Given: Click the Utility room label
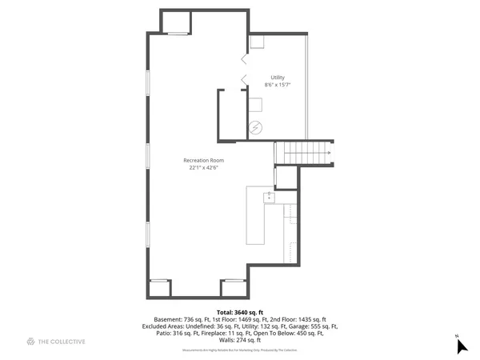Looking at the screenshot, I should pyautogui.click(x=278, y=78).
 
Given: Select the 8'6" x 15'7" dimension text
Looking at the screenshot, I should pyautogui.click(x=278, y=85).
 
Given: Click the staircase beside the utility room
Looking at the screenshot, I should pyautogui.click(x=303, y=152).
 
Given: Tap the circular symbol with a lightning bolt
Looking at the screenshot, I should pyautogui.click(x=255, y=126).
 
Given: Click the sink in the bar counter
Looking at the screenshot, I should pyautogui.click(x=270, y=194).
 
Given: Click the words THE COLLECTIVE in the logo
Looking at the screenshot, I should pyautogui.click(x=62, y=342).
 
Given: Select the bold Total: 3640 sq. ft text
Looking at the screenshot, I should pyautogui.click(x=239, y=311).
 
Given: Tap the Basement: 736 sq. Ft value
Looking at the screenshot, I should pyautogui.click(x=182, y=318).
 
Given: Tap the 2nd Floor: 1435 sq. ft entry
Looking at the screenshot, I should pyautogui.click(x=301, y=318).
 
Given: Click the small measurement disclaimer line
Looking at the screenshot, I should pyautogui.click(x=239, y=350).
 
